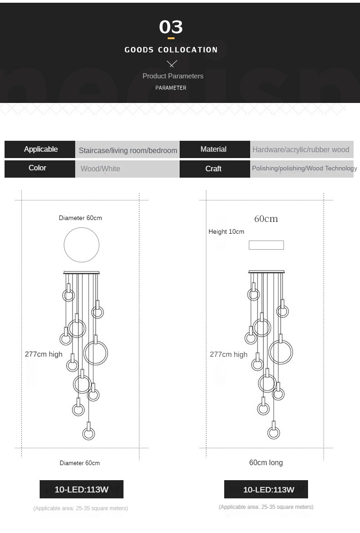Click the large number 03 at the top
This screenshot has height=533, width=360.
point(171,27)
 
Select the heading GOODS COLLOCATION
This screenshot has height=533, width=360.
point(171,50)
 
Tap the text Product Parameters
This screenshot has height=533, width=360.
point(173,76)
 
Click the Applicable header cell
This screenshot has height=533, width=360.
point(41,149)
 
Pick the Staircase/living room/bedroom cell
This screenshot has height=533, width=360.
point(128,150)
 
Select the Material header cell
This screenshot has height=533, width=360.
point(213,149)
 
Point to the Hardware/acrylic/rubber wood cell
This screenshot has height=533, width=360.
point(301,149)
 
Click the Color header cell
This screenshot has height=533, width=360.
point(37,168)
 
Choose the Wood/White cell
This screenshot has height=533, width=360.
point(100,169)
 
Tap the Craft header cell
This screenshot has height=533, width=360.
point(213,169)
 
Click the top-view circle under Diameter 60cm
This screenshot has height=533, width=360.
point(82,245)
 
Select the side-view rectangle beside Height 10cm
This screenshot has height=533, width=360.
point(266,245)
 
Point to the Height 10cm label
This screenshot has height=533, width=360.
point(226,231)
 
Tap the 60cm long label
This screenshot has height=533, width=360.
point(266,462)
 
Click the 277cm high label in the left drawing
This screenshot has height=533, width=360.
point(44,354)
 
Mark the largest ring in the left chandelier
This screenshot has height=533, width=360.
point(96,353)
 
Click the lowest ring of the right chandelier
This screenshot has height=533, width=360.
point(273,433)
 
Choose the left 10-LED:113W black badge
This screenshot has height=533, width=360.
point(82,489)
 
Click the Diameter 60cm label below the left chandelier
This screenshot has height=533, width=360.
point(80,463)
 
